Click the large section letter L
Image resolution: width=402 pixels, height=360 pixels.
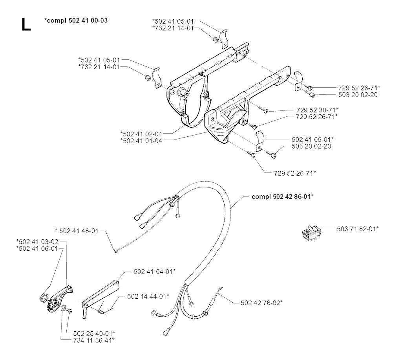tap(26, 25)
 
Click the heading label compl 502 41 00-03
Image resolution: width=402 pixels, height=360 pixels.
tap(76, 20)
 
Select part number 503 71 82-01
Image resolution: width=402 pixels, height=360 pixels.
tap(358, 229)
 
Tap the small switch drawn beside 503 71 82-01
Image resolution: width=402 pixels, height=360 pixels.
tap(311, 233)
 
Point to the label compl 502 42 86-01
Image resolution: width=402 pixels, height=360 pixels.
tap(282, 197)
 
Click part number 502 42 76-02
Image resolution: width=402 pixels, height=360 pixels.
tap(261, 303)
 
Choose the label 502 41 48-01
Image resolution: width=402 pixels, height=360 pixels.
tap(77, 231)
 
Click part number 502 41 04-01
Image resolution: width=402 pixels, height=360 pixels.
tap(155, 272)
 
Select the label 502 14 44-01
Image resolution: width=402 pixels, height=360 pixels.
tap(148, 296)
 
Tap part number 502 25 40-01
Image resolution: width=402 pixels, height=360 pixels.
tap(94, 334)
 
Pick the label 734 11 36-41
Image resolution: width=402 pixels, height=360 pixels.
tap(94, 340)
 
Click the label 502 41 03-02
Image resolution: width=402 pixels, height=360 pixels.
tap(37, 242)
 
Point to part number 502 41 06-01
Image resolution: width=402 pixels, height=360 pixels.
tap(37, 249)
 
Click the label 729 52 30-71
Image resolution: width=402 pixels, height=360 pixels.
tap(317, 110)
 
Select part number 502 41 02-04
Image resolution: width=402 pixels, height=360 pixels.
tap(141, 134)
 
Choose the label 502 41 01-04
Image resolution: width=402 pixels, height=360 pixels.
tap(141, 141)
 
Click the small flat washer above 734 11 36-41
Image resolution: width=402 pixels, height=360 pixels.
tap(63, 308)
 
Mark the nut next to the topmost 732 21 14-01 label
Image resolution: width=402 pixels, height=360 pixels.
tap(216, 40)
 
